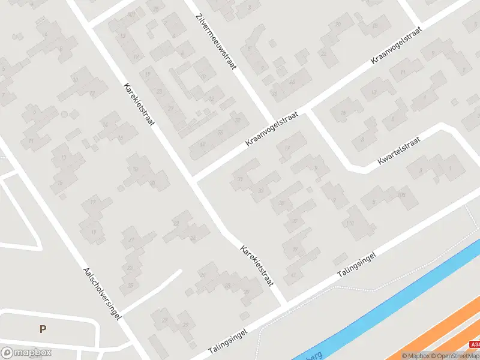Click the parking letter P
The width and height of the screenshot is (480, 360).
point(43,329)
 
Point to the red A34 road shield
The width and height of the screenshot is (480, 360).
point(475,345)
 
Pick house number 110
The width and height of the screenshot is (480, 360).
point(350,224)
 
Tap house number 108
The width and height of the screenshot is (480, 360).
point(401,195)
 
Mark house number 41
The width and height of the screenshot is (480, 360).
point(293,274)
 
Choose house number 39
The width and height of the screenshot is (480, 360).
point(293,250)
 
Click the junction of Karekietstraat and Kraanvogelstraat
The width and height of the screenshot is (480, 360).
point(193,178)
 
